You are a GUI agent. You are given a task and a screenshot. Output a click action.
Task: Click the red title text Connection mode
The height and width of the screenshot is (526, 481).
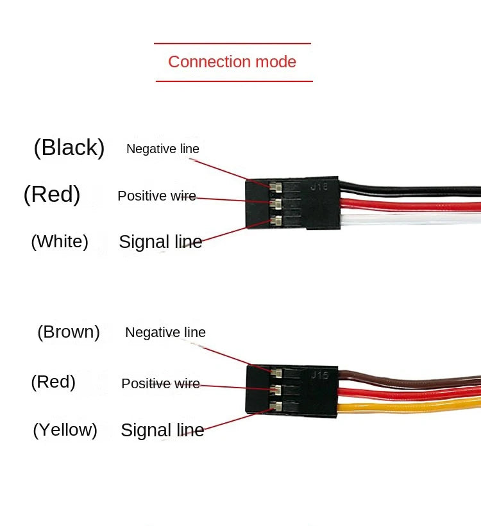coord(232,62)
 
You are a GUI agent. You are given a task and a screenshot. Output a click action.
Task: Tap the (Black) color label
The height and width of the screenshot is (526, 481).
coord(69,147)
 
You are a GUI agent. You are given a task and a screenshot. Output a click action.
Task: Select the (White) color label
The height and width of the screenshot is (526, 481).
coord(60,242)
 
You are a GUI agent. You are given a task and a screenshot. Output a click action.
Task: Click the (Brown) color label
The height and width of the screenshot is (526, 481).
coord(69,332)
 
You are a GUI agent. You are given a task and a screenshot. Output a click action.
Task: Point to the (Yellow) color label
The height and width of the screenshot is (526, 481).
coord(65,430)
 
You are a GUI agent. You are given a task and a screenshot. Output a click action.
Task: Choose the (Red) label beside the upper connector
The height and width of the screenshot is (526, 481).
coord(52,194)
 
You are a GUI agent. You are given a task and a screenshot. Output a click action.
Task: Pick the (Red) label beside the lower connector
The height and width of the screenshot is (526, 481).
coord(53,382)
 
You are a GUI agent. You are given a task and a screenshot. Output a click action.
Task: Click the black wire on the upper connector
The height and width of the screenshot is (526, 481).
coord(410,190)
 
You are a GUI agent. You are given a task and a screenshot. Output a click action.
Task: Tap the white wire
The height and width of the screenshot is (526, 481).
coord(410,219)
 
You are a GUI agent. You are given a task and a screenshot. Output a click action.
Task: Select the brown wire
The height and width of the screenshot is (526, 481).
coord(410,381)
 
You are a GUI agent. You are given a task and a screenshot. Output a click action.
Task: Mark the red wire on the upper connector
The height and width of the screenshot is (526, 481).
coord(410,205)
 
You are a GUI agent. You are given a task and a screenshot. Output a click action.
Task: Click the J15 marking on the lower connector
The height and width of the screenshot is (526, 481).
coord(319,375)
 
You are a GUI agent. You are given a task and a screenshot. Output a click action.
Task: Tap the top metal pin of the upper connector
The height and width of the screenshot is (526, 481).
coord(276,187)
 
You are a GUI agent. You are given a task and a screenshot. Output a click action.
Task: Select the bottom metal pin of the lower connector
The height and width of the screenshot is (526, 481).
coord(276,407)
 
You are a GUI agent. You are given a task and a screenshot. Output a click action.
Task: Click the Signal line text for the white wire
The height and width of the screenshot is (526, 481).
coord(160,242)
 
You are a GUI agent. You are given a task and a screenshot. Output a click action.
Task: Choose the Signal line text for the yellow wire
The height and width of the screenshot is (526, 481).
coord(162,431)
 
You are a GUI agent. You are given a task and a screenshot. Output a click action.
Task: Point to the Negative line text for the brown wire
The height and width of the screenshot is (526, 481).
coord(165,333)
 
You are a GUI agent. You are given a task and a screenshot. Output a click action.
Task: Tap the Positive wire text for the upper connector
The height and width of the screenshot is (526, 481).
coord(157,196)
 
